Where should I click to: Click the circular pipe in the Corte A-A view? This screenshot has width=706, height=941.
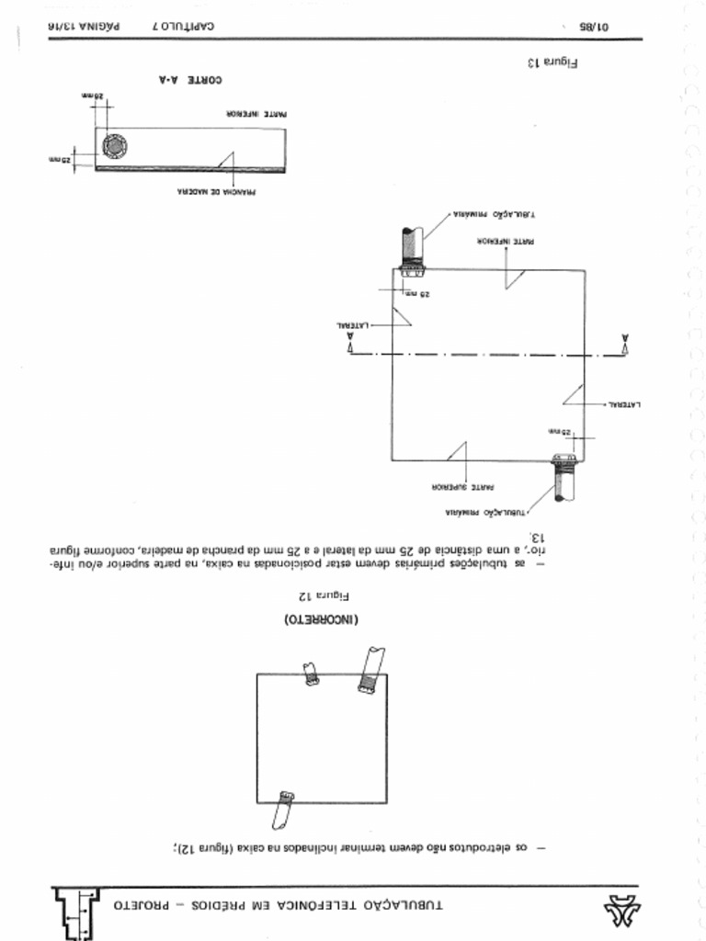click(115, 146)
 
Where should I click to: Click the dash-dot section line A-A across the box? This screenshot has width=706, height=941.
click(487, 354)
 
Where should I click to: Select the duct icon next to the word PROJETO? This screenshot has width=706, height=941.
click(78, 912)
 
